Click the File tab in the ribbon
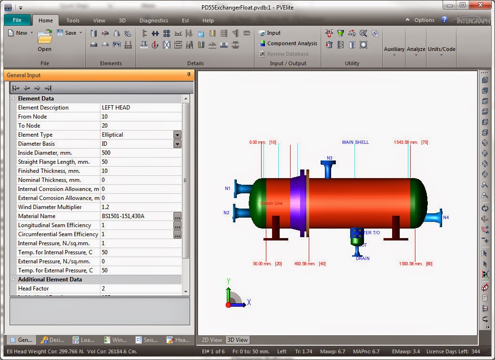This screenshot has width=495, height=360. click(x=17, y=20)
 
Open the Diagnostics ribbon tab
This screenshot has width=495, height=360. click(x=153, y=20)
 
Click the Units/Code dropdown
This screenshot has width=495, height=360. click(x=441, y=50)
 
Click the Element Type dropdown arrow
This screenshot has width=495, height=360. click(x=177, y=135)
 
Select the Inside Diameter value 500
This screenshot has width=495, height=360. click(x=136, y=153)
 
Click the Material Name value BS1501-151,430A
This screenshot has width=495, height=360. click(x=136, y=216)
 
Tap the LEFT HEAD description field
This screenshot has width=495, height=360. click(x=136, y=108)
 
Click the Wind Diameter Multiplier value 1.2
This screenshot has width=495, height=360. click(x=136, y=207)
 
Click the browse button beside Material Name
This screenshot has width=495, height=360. click(x=177, y=216)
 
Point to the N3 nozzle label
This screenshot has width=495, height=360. click(x=330, y=158)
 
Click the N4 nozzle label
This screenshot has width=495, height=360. click(x=445, y=218)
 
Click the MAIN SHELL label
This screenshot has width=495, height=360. click(x=355, y=142)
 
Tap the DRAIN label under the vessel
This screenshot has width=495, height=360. click(x=363, y=259)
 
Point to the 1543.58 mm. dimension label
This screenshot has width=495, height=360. click(x=406, y=142)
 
